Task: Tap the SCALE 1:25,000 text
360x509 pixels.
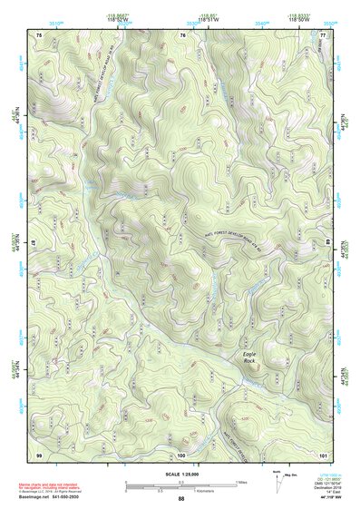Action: point(180,474)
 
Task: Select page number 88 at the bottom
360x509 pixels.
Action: point(180,499)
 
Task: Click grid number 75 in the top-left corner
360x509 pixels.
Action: point(39,34)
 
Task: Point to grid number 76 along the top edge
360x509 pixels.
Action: point(181,34)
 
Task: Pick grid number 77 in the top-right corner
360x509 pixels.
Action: point(323,34)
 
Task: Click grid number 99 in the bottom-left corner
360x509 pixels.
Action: point(39,454)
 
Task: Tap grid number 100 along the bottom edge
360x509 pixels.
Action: point(180,454)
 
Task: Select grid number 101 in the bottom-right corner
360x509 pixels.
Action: point(322,454)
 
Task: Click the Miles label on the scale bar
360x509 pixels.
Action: point(239,481)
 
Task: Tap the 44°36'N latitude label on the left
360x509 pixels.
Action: point(15,119)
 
